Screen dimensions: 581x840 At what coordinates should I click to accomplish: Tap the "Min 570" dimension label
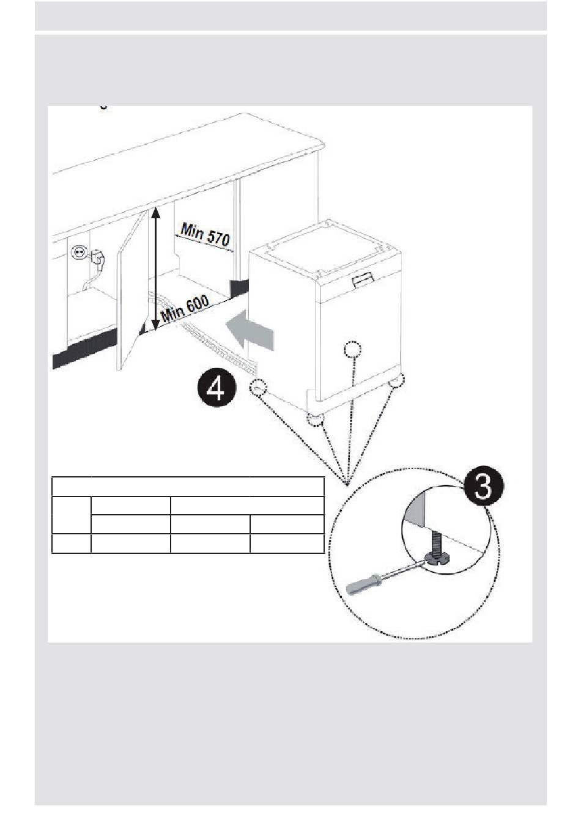(204, 234)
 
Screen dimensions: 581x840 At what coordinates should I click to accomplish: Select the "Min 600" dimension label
(185, 308)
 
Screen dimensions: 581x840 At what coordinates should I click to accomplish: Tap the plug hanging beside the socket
(97, 257)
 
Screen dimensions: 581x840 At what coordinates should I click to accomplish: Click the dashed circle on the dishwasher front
(353, 350)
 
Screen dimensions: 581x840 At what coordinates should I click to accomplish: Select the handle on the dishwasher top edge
(365, 279)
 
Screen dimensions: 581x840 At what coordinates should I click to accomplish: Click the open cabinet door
(132, 292)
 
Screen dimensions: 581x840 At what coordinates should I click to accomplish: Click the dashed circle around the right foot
(396, 381)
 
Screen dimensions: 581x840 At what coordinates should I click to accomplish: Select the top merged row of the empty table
(188, 487)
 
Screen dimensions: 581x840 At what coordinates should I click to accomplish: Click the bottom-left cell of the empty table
(72, 543)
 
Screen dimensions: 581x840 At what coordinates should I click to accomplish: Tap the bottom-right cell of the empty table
(287, 543)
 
